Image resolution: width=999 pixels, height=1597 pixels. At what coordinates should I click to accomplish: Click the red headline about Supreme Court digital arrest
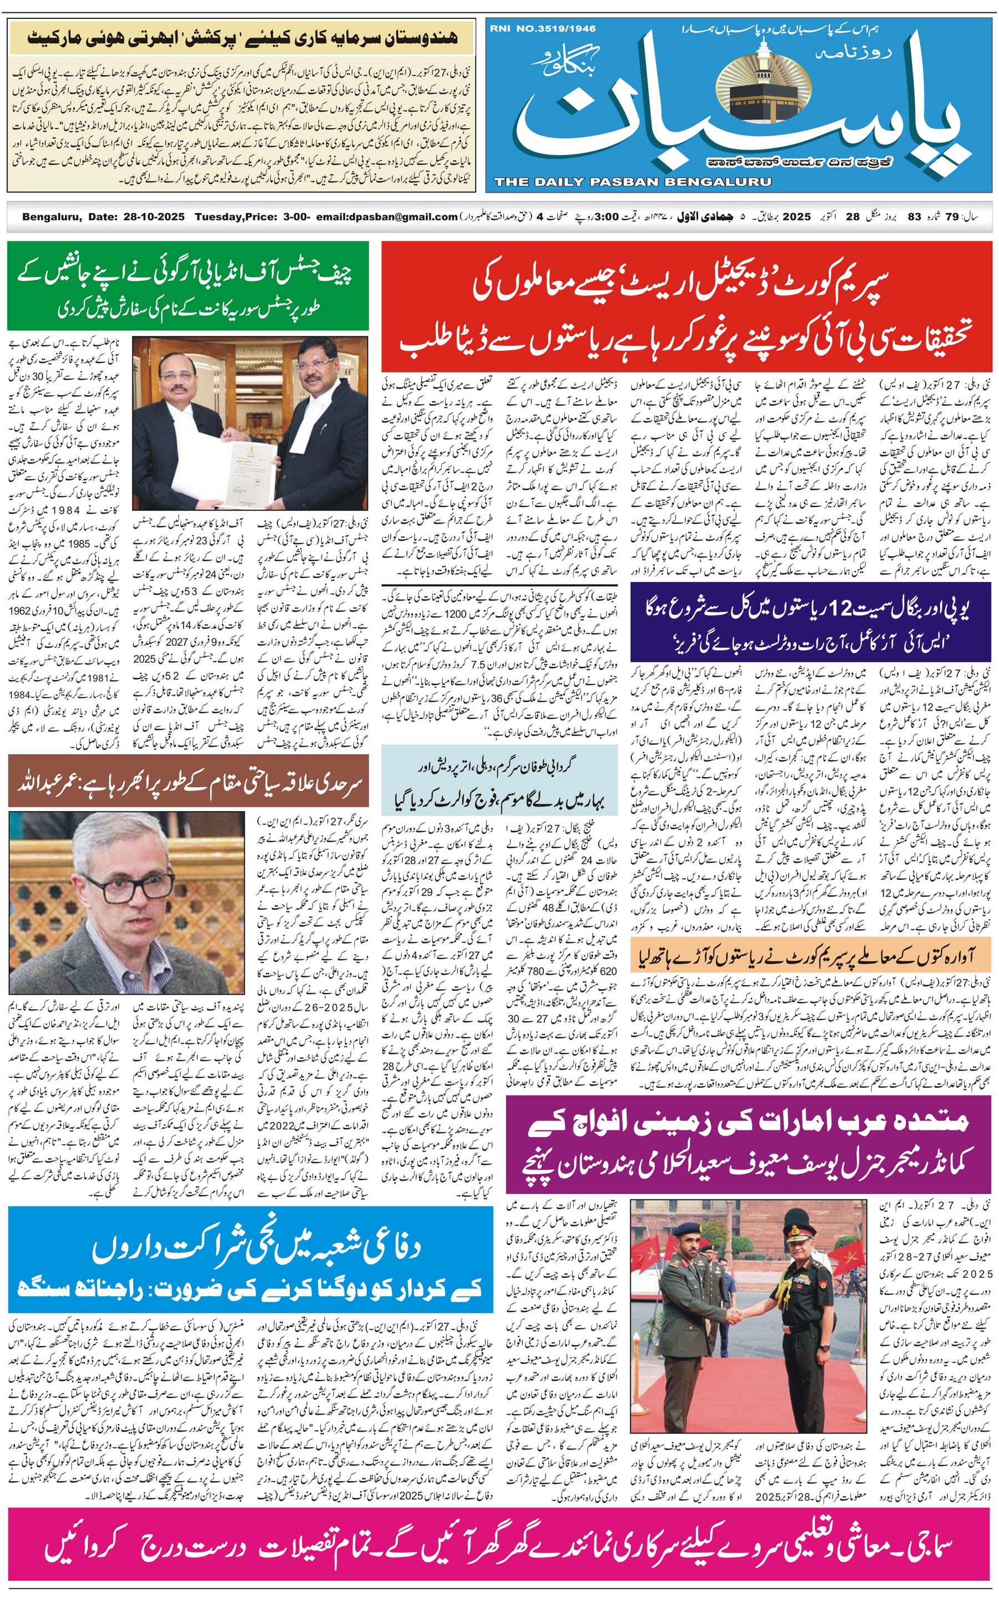(x=688, y=307)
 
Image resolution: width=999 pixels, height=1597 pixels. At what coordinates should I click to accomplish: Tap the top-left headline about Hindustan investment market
(x=242, y=37)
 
